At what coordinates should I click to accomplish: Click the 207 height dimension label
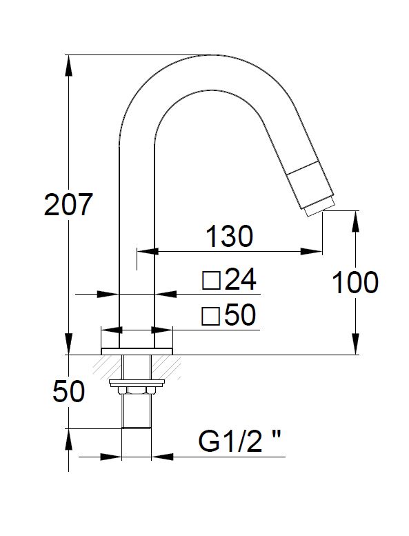click(x=68, y=204)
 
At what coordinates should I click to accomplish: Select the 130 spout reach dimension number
click(x=230, y=236)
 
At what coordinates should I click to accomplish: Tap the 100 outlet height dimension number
click(x=355, y=282)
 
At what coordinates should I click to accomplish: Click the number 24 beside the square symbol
click(x=241, y=279)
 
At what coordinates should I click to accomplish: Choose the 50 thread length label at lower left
click(x=69, y=392)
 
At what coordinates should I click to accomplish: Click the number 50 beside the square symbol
click(x=240, y=315)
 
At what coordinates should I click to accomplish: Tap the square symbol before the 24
click(x=211, y=281)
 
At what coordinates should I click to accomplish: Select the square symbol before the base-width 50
click(x=210, y=316)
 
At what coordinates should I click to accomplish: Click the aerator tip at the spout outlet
click(x=319, y=209)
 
